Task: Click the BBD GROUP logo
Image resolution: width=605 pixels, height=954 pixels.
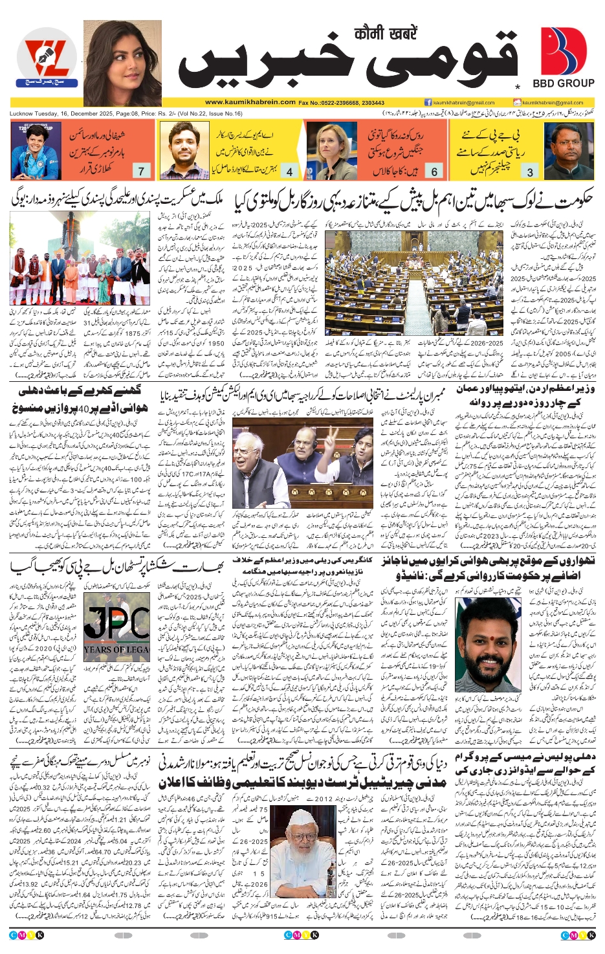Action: tap(563, 58)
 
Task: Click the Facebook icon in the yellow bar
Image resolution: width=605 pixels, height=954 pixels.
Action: tap(428, 102)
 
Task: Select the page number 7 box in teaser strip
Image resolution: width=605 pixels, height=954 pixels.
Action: tap(141, 171)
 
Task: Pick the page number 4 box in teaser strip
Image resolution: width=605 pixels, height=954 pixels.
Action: tap(289, 172)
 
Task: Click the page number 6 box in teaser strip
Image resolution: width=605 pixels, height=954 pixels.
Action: tap(434, 172)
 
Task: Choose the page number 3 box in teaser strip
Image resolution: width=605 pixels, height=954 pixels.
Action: tap(530, 172)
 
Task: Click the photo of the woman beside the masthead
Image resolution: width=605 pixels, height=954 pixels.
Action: tap(122, 63)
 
